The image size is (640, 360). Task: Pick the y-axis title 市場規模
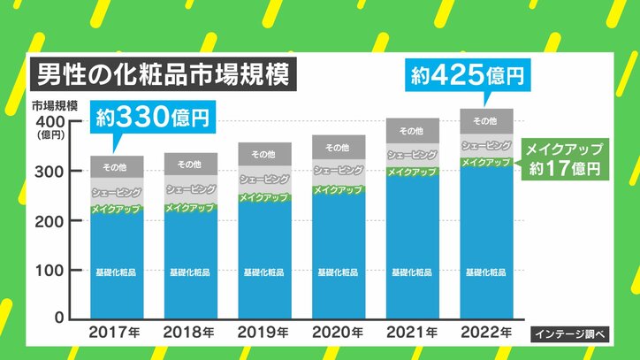pyautogui.click(x=55, y=104)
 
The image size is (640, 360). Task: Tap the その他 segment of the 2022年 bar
pyautogui.click(x=485, y=121)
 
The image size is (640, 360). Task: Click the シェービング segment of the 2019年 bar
pyautogui.click(x=264, y=180)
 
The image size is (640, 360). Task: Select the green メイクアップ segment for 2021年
pyautogui.click(x=412, y=172)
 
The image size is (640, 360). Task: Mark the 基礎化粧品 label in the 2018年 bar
pyautogui.click(x=191, y=271)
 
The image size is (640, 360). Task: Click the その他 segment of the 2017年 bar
pyautogui.click(x=118, y=166)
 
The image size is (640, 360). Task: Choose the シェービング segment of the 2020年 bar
pyautogui.click(x=339, y=171)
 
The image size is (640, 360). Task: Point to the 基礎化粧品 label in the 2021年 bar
pyautogui.click(x=412, y=271)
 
